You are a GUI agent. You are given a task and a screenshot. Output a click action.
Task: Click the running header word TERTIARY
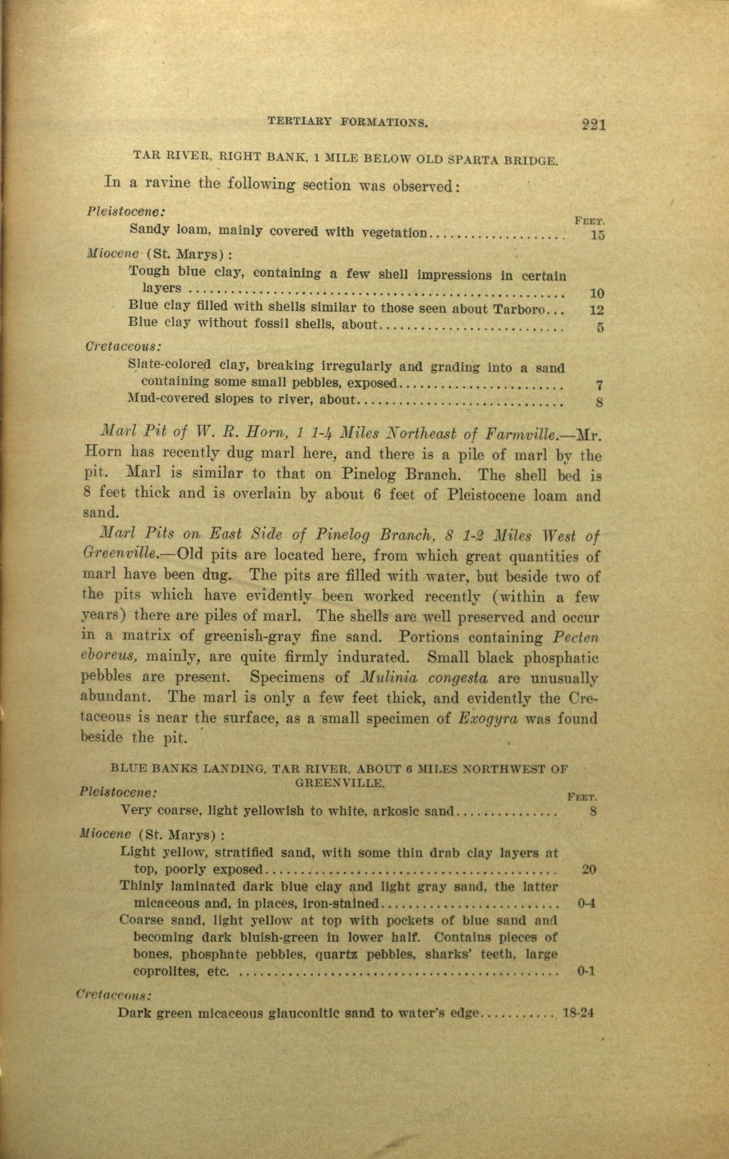[299, 123]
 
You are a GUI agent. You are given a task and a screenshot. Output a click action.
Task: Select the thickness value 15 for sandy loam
[597, 236]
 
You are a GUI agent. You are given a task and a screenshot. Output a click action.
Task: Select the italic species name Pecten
[576, 637]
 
